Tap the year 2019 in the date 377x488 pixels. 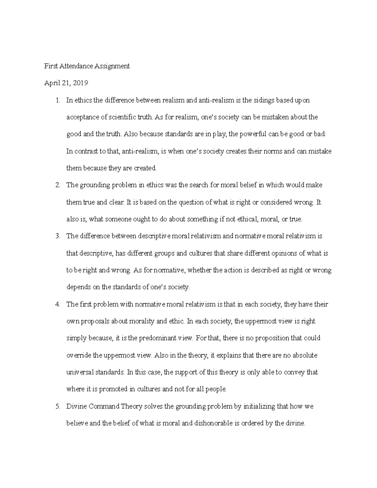80,83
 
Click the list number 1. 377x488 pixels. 57,101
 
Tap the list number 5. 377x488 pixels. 57,406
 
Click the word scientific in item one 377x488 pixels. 123,118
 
